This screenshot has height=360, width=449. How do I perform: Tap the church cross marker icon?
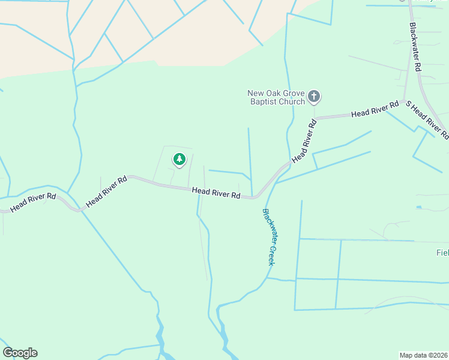[x=314, y=96]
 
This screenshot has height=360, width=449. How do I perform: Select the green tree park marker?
[x=179, y=160]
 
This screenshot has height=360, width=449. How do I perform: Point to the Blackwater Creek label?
[x=269, y=237]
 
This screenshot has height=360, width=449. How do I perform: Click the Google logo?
[x=20, y=353]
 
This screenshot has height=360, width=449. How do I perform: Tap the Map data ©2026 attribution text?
[x=423, y=355]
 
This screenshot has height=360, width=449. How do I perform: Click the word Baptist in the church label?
[x=267, y=101]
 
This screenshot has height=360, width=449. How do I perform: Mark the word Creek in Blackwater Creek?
[x=271, y=255]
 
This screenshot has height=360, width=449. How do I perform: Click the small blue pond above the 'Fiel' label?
[x=418, y=208]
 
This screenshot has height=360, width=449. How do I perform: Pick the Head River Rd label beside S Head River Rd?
[x=375, y=109]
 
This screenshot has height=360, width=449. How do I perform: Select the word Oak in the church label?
[x=273, y=93]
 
